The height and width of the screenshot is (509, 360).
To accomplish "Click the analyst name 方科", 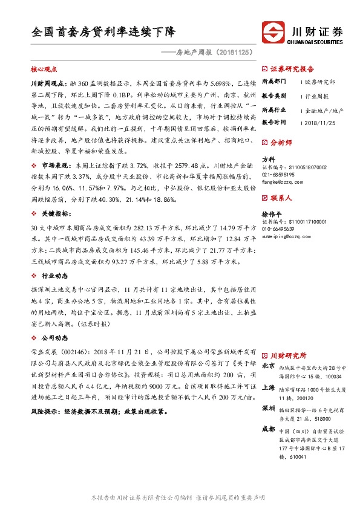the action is point(268,158).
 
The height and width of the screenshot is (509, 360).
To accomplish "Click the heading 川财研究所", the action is point(288,355).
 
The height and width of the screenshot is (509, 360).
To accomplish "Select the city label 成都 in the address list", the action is point(267,429).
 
